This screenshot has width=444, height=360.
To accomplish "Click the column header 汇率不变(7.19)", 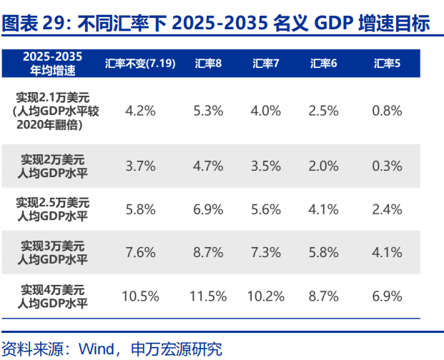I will coord(140,64).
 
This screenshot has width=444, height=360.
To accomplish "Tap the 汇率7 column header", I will coord(265,64).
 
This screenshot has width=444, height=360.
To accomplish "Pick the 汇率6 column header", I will coord(323,64).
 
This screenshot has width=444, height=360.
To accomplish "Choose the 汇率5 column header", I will coord(387,64).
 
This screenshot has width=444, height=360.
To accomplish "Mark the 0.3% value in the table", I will coord(387,166).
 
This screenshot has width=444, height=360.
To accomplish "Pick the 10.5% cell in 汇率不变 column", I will coord(140,296).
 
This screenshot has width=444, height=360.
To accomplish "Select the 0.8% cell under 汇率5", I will coord(387,111).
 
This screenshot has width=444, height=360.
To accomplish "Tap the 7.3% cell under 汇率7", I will coord(265,252).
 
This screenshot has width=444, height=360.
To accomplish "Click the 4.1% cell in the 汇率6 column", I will coord(323,209).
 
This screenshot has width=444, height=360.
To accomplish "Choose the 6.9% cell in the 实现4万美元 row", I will coord(387,296).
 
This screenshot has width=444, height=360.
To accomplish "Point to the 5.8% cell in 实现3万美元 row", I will coord(323,252).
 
